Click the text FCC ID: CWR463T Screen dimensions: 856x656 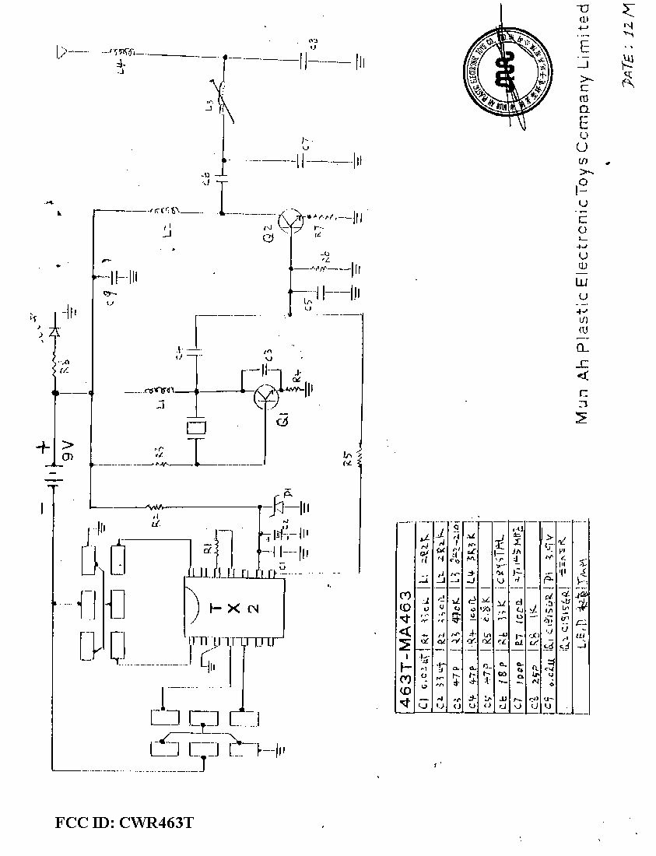click(124, 823)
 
